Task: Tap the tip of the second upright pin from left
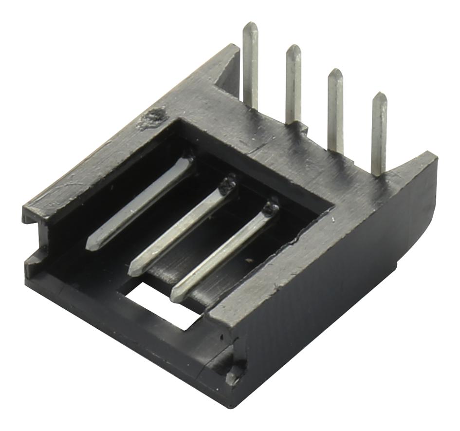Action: coord(294,48)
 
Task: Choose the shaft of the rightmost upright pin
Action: coord(379,136)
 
